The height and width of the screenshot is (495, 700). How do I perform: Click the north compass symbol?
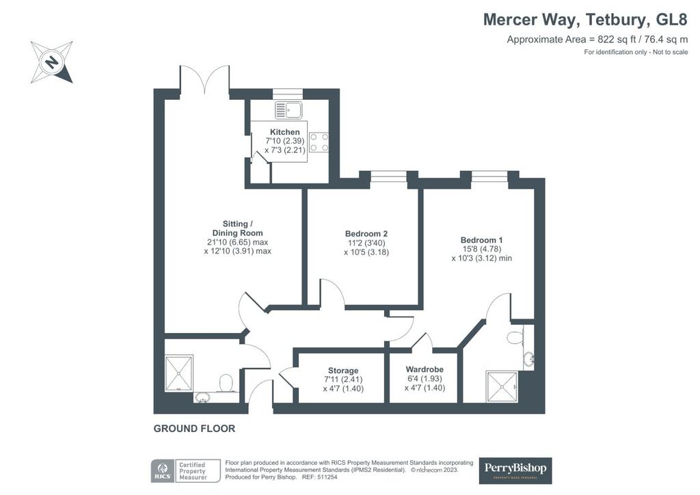pyautogui.click(x=52, y=62)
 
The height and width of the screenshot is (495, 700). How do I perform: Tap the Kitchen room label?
pyautogui.click(x=285, y=132)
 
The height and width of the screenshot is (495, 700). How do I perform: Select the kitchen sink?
pyautogui.click(x=288, y=110)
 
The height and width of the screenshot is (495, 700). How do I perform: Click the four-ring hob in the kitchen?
pyautogui.click(x=319, y=142)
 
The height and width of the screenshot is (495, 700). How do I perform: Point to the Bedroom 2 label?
pyautogui.click(x=366, y=234)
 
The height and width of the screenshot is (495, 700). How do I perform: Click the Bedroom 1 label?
pyautogui.click(x=481, y=240)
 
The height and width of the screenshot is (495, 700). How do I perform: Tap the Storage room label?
pyautogui.click(x=343, y=371)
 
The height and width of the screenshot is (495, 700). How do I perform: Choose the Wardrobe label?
pyautogui.click(x=425, y=370)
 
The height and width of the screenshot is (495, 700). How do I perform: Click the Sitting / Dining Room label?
pyautogui.click(x=237, y=228)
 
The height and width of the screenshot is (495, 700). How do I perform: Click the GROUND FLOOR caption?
pyautogui.click(x=194, y=429)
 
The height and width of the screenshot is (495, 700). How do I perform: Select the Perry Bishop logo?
pyautogui.click(x=515, y=470)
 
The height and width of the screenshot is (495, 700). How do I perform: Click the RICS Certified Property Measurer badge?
pyautogui.click(x=186, y=471)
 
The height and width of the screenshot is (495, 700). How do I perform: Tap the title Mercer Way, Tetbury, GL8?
pyautogui.click(x=585, y=20)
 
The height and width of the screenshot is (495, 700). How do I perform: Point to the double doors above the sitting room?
pyautogui.click(x=205, y=80)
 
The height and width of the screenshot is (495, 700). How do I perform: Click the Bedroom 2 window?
pyautogui.click(x=388, y=177)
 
